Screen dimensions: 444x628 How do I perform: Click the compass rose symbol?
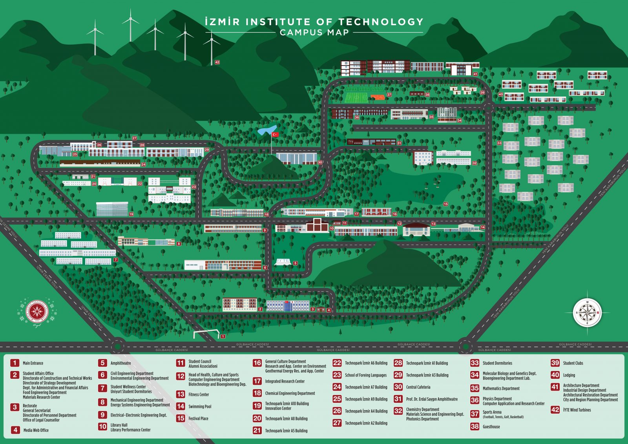point(587,313)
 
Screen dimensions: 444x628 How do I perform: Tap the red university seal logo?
point(37,312)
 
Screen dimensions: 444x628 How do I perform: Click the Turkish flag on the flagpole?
point(275,135)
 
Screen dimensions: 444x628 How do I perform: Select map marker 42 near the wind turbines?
point(217,62)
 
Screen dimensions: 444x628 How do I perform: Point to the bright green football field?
point(356,95)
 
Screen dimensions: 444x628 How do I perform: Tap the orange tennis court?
point(378,97)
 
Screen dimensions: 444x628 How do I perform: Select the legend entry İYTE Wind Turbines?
point(577,410)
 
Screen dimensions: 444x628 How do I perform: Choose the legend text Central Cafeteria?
point(418,387)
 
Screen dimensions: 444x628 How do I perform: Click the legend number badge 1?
point(15,363)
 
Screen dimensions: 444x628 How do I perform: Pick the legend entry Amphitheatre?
point(120,363)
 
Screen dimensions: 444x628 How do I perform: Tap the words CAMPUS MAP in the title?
point(314,33)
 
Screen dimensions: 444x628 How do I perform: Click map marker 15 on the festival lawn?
point(445,204)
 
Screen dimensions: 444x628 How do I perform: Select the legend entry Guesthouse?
point(491,427)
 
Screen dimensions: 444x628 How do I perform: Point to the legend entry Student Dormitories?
point(497,363)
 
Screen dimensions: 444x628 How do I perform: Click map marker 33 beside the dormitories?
point(499,143)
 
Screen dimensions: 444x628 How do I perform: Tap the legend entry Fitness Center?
point(199,395)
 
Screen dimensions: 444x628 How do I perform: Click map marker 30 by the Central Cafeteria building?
point(320,162)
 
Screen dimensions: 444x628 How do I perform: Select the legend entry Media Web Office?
point(36,430)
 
